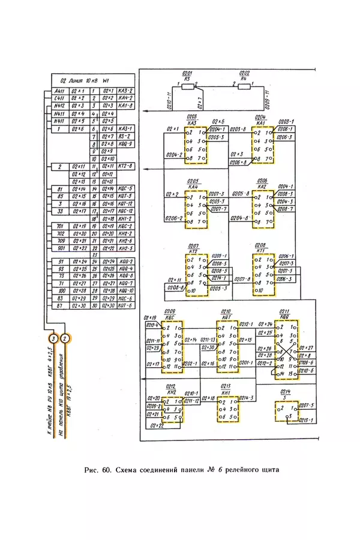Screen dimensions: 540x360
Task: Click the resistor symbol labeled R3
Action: (188, 86)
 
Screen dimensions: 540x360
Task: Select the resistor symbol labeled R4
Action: (244, 86)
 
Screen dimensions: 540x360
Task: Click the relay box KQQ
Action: (286, 350)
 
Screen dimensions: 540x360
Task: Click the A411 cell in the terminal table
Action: (59, 90)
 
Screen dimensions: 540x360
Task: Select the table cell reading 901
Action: (59, 248)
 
